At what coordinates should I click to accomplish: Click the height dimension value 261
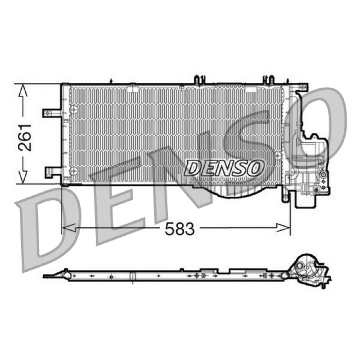[25, 138]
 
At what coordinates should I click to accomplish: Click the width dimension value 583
[180, 229]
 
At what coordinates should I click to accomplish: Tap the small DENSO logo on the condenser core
[224, 167]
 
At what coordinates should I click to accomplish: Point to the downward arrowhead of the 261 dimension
[23, 177]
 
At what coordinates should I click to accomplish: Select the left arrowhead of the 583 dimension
[69, 228]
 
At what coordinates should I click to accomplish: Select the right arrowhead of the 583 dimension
[283, 228]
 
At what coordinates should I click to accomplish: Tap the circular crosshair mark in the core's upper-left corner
[74, 109]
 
